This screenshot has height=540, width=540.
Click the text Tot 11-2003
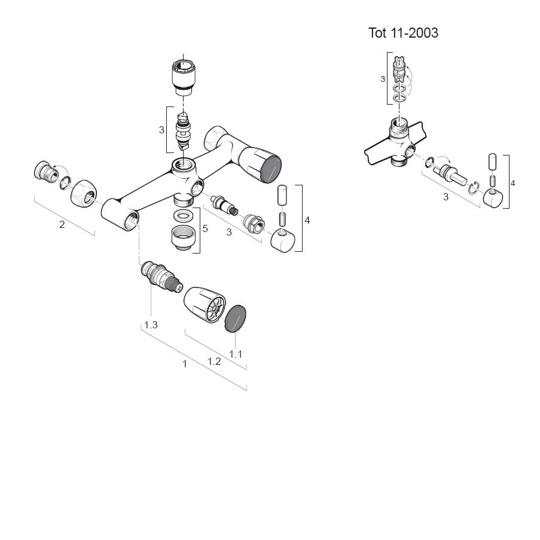pos(403,33)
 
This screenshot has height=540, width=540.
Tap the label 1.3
pos(150,325)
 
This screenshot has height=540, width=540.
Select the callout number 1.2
pos(213,361)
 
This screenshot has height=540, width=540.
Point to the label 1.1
pos(236,353)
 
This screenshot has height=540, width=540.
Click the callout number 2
pos(62,225)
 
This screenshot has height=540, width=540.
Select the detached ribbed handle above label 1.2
pos(203,303)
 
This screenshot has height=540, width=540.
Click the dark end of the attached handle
pos(270,167)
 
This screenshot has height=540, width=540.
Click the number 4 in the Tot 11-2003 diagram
pos(513,182)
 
